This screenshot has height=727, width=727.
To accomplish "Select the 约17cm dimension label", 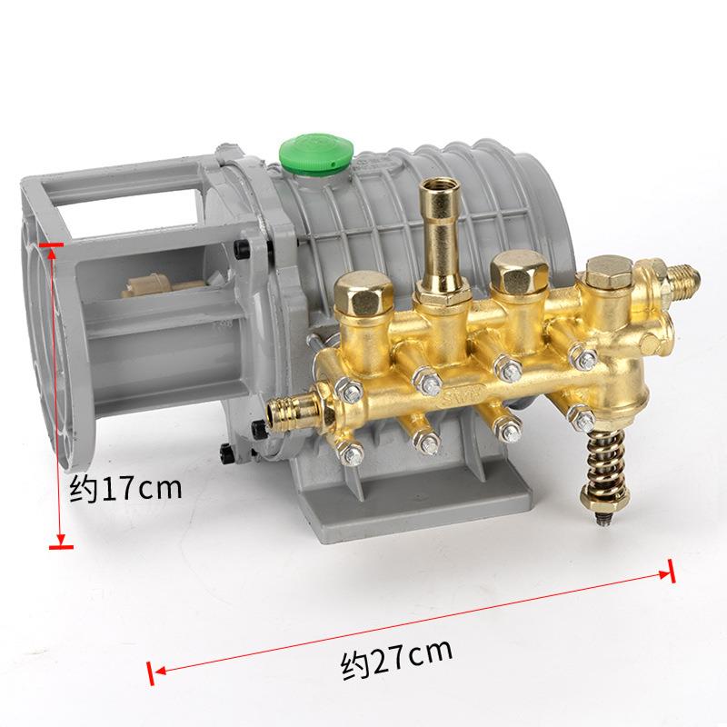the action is click(125, 489).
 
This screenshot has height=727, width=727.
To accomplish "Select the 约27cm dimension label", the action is click(396, 658).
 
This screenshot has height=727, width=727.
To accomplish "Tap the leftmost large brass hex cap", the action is click(363, 292).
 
